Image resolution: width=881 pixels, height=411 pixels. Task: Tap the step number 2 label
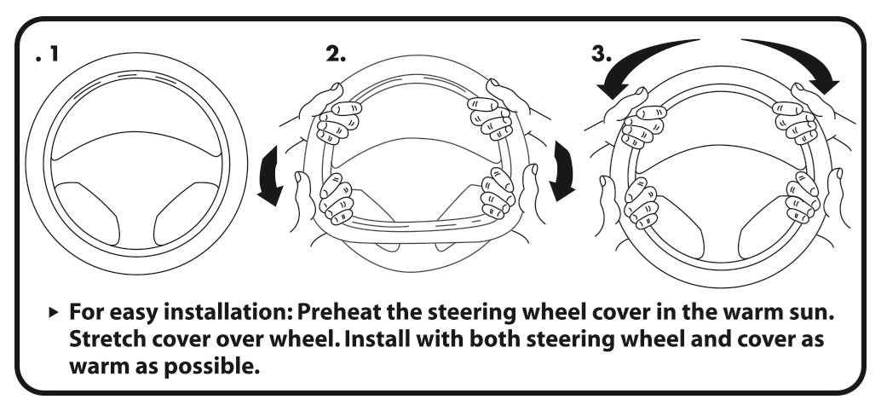336,54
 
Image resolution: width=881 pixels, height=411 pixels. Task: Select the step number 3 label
601,54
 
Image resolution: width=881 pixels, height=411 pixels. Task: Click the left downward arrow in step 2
274,175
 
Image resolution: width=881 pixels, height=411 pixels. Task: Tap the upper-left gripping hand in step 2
334,119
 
